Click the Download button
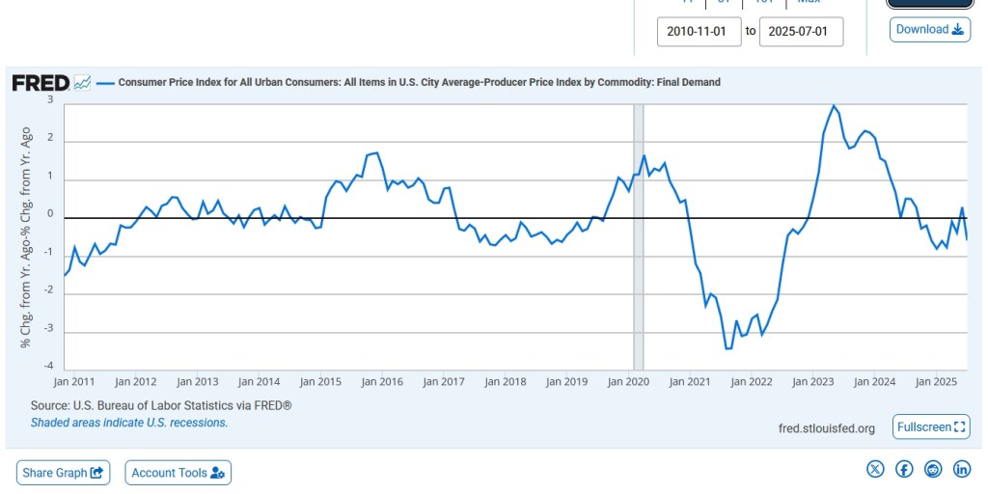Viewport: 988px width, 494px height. click(930, 29)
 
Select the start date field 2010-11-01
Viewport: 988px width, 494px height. click(700, 31)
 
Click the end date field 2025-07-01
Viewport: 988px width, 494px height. click(801, 31)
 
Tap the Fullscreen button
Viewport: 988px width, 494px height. click(931, 426)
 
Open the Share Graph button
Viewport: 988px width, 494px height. click(64, 473)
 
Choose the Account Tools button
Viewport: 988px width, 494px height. click(178, 473)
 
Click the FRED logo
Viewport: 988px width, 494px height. click(41, 83)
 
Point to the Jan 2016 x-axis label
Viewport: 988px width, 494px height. click(381, 381)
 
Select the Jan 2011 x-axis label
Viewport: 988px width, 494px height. click(74, 381)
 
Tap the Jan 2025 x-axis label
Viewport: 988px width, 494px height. click(936, 381)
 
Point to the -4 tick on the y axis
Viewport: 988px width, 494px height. click(48, 367)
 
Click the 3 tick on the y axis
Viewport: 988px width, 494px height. click(50, 99)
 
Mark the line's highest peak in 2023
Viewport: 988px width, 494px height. click(834, 105)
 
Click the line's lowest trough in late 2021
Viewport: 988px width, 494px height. click(727, 348)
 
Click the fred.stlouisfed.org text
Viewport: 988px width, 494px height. click(826, 428)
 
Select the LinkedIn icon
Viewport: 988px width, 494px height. click(962, 469)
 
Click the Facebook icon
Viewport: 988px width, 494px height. click(904, 469)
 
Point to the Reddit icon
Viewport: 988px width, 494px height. click(933, 469)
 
